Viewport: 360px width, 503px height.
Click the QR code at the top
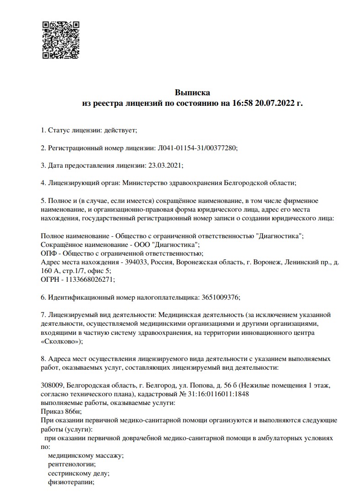click(x=61, y=40)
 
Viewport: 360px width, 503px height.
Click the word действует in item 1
click(x=120, y=130)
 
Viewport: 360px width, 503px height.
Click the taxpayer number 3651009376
click(x=220, y=296)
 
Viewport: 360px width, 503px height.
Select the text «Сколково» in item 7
click(x=61, y=341)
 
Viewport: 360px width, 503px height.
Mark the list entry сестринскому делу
click(x=78, y=473)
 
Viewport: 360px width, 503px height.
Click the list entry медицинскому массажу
click(x=85, y=455)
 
